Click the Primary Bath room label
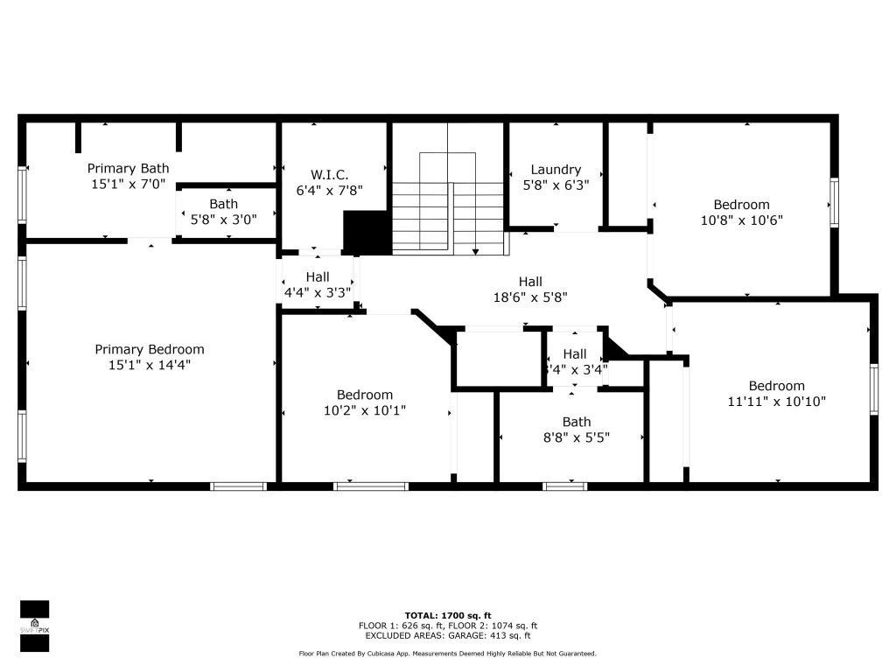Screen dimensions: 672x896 point(128,168)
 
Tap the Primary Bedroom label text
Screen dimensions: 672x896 point(149,349)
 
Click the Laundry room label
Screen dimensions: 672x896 point(556,170)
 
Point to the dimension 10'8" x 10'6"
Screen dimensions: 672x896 point(741,220)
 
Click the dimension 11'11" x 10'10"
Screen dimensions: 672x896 point(776,402)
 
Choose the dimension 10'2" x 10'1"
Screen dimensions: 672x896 point(365,409)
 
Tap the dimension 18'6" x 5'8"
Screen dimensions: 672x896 point(530,297)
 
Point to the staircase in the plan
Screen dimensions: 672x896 point(448,206)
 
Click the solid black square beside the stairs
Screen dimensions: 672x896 point(367,233)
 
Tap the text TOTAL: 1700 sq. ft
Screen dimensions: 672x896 point(447,615)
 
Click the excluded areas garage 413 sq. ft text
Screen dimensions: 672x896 point(447,636)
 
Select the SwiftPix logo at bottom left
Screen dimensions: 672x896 point(34,626)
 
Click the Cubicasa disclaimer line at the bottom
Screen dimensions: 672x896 point(447,654)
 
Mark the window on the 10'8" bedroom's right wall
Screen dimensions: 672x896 point(834,204)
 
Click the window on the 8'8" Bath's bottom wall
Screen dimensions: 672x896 point(565,486)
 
